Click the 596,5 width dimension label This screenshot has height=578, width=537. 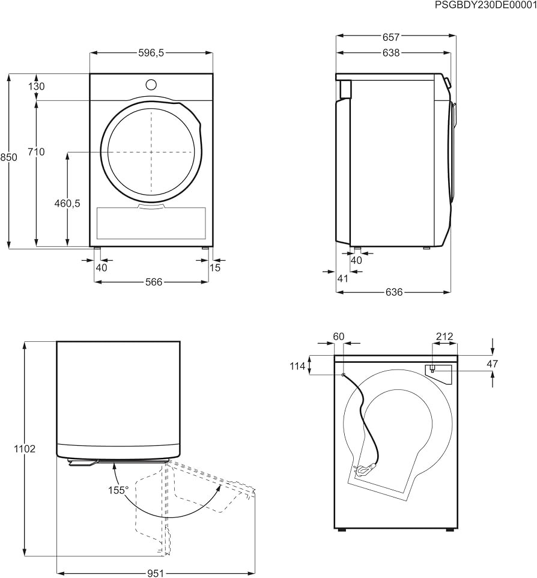151,53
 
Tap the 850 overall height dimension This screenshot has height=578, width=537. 8,157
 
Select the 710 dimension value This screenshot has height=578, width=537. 37,152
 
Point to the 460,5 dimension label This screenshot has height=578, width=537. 67,203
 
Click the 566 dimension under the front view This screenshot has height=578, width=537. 154,282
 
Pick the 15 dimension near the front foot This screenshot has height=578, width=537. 215,267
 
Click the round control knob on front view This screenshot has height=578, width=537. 151,84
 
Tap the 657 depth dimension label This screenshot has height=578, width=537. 390,37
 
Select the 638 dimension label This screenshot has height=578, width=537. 390,53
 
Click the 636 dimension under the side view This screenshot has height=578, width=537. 394,293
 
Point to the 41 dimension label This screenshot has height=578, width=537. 343,279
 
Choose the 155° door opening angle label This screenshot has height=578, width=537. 118,490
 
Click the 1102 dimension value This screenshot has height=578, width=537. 25,449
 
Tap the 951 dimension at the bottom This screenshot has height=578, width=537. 156,573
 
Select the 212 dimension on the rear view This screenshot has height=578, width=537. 444,336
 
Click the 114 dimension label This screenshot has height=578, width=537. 297,366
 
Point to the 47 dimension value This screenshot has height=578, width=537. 493,364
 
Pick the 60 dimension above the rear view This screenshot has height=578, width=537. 338,336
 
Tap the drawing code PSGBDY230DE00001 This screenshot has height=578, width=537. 486,5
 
